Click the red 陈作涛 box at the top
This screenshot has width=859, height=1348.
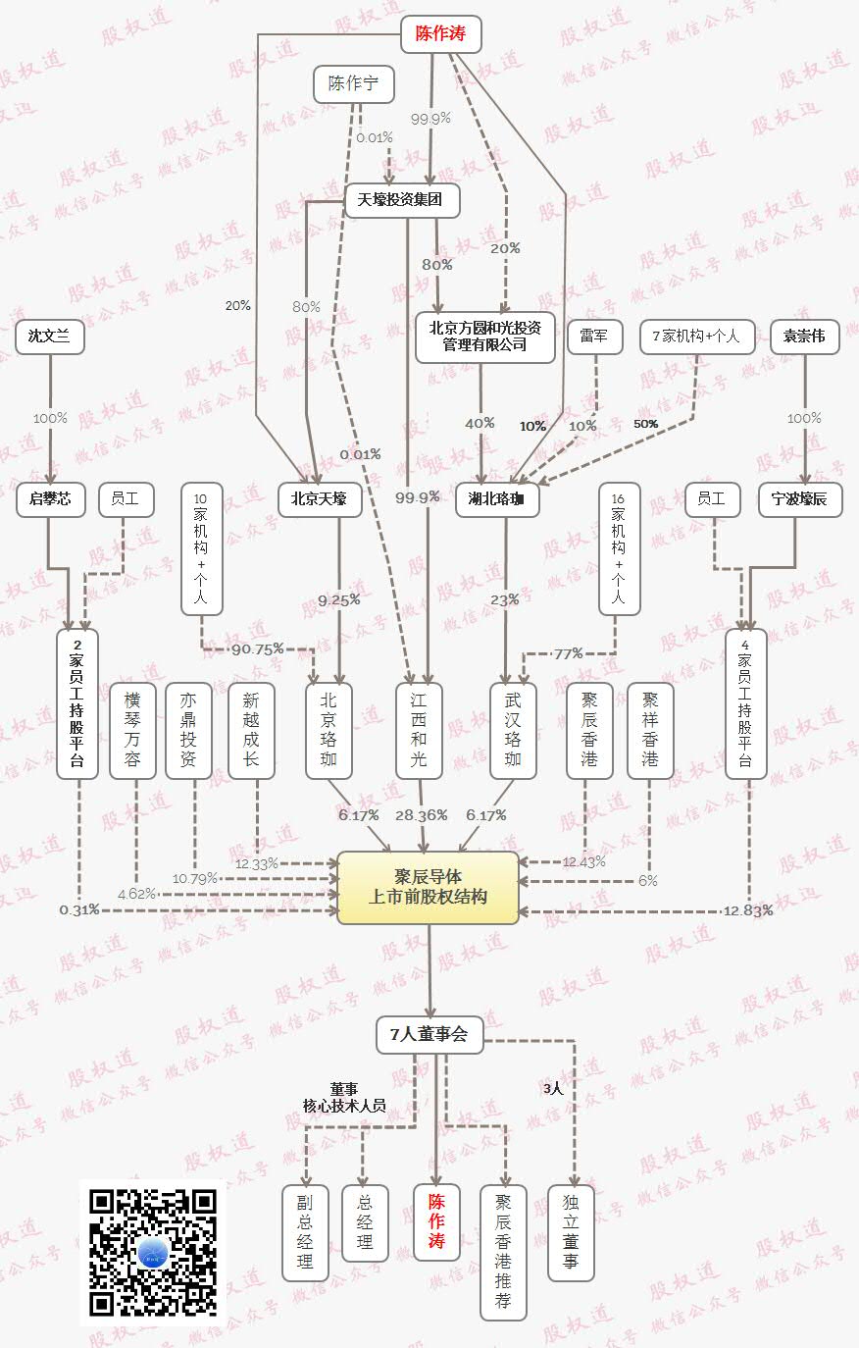click(x=440, y=33)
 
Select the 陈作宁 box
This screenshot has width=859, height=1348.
click(x=353, y=84)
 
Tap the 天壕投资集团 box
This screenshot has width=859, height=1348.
click(x=400, y=200)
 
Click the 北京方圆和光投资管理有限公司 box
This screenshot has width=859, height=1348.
click(x=484, y=337)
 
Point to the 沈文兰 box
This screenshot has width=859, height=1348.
click(x=49, y=336)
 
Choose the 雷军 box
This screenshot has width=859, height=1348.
click(x=594, y=336)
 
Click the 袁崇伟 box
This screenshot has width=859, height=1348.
click(x=804, y=336)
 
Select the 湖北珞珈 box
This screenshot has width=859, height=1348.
click(x=497, y=499)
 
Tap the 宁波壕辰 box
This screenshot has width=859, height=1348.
click(x=799, y=499)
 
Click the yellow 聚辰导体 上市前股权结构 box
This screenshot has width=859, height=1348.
click(x=428, y=887)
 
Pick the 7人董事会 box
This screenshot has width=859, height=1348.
click(x=429, y=1034)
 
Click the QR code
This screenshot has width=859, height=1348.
click(x=152, y=1252)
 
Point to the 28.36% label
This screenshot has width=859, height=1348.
click(x=421, y=815)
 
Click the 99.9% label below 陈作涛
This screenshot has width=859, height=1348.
click(x=430, y=119)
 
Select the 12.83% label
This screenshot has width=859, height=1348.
click(x=748, y=910)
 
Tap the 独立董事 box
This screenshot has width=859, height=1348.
click(x=571, y=1231)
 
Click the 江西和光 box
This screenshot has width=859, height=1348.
click(x=419, y=730)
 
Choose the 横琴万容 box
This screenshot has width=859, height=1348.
click(x=132, y=730)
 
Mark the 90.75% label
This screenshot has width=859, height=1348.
click(x=258, y=649)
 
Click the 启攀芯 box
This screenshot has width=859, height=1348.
click(x=50, y=499)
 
